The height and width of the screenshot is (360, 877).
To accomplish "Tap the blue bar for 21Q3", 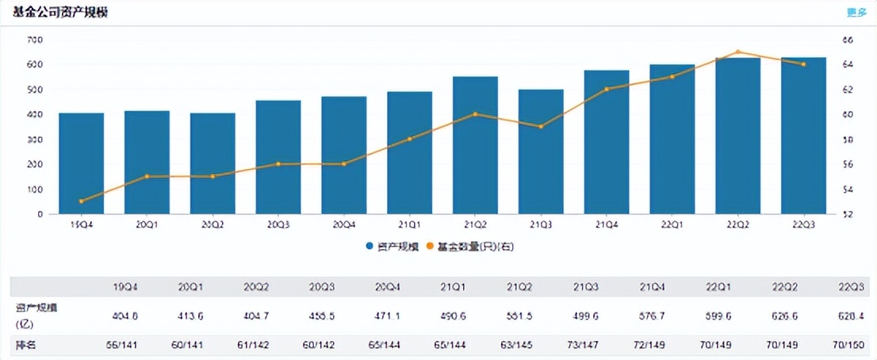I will click(541, 151).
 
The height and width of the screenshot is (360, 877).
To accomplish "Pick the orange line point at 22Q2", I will click(737, 52).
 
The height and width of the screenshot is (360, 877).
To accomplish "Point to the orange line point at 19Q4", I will click(81, 201).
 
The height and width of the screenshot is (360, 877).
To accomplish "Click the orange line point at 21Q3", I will click(541, 127).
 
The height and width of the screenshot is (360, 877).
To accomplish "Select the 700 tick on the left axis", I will click(36, 40).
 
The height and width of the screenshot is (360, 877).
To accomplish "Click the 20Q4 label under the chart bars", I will click(343, 225).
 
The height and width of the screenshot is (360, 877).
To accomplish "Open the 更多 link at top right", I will click(856, 12).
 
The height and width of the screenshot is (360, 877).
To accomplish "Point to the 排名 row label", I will click(26, 346).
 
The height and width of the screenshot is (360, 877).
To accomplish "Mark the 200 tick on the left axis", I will click(36, 164).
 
